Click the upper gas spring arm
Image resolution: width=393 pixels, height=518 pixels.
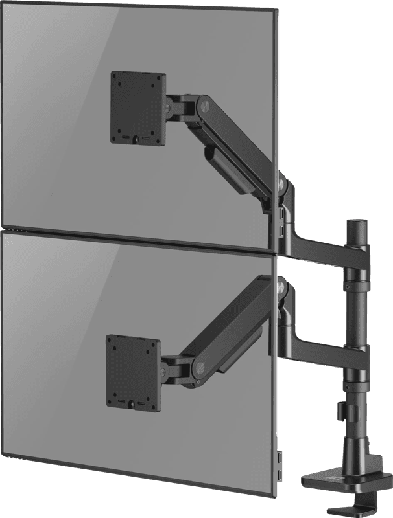click(x=240, y=142)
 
